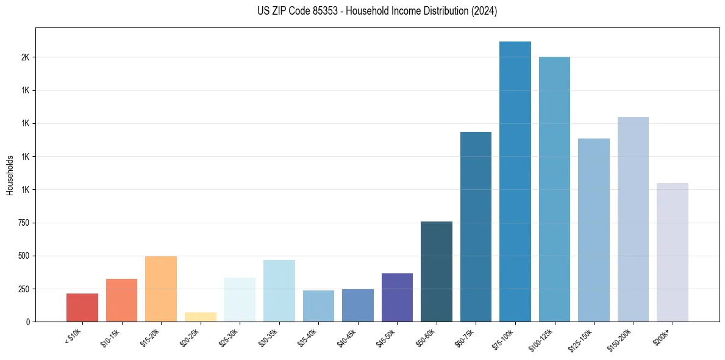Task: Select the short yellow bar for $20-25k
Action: [200, 317]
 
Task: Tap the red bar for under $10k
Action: [82, 308]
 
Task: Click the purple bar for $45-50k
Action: [397, 297]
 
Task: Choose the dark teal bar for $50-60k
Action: [437, 272]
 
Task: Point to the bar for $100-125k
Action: [554, 189]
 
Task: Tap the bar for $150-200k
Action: [633, 219]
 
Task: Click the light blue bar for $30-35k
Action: [279, 290]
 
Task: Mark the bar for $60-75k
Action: [476, 226]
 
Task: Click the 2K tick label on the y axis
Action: [25, 57]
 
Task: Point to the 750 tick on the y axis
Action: [23, 223]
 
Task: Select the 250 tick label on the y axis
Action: [23, 289]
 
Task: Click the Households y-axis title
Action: [10, 176]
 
